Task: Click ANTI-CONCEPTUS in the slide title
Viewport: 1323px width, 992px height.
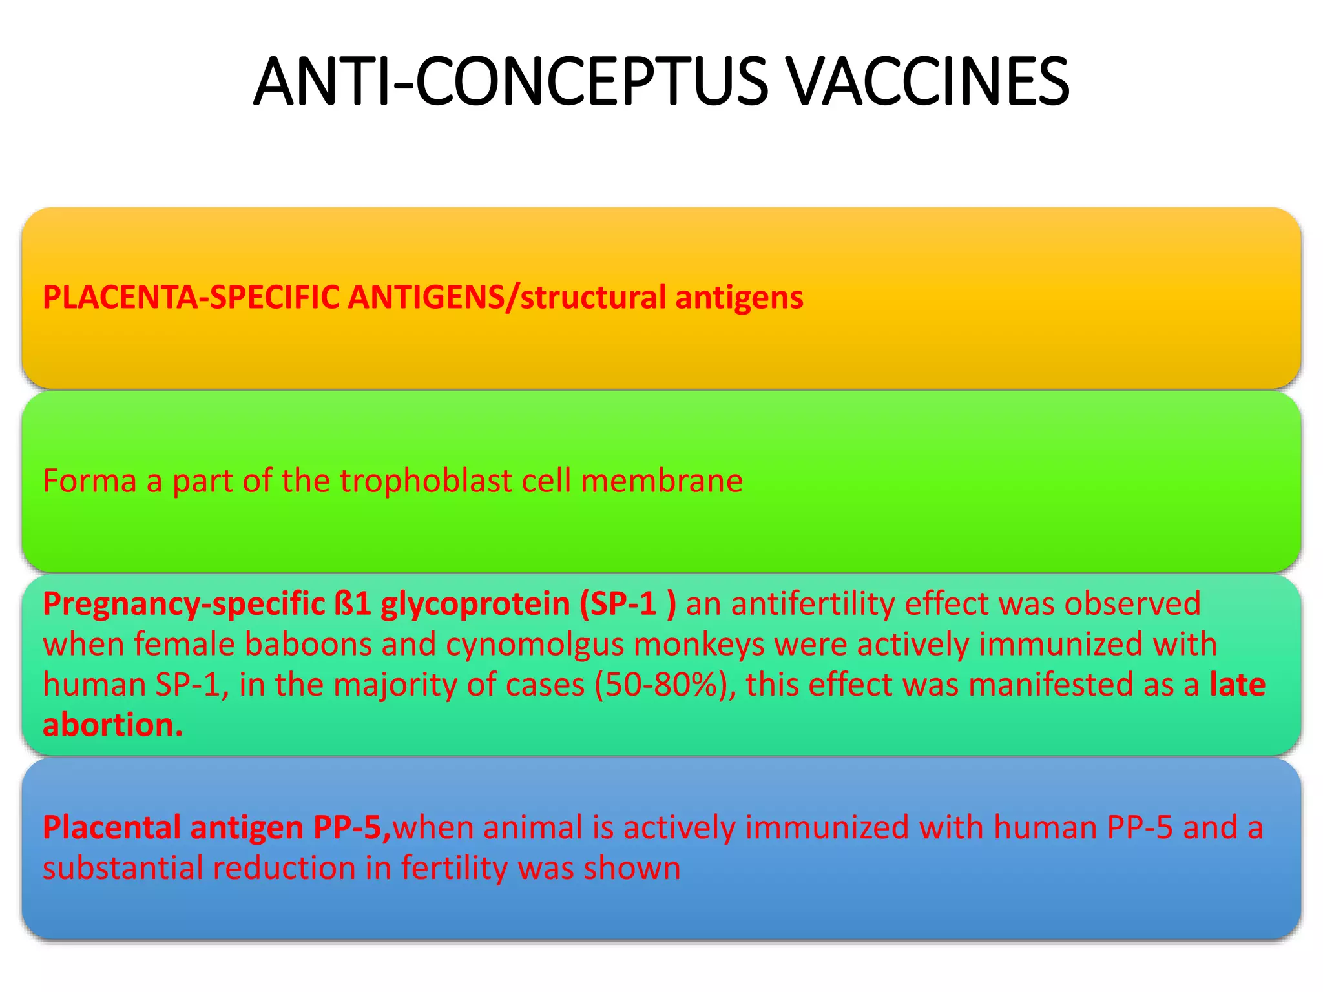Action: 511,82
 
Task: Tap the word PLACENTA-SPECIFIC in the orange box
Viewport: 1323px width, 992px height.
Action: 191,298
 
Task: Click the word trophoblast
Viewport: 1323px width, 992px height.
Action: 426,481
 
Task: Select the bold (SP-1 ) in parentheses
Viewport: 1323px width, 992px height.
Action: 627,604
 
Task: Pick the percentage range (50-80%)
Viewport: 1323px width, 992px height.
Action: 665,685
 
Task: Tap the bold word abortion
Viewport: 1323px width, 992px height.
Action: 113,725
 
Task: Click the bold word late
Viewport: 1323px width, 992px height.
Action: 1237,685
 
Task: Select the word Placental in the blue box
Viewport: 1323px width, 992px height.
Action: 111,827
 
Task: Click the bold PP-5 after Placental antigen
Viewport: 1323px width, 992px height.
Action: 351,827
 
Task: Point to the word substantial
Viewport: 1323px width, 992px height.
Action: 122,868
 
